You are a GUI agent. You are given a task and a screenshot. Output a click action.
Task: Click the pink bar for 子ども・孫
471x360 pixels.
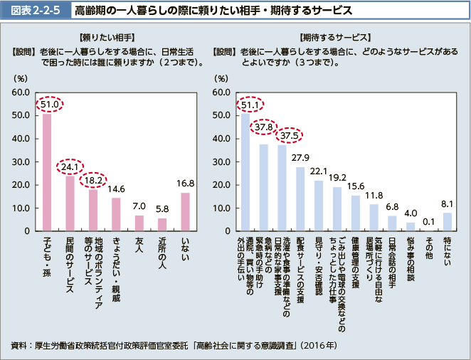click(47, 172)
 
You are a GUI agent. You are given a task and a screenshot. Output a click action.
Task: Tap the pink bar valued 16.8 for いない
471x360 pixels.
click(185, 211)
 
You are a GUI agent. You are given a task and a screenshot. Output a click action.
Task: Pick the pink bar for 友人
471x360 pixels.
click(139, 223)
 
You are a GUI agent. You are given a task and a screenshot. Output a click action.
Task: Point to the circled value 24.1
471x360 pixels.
click(70, 166)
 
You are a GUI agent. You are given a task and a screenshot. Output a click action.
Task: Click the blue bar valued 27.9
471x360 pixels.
click(300, 198)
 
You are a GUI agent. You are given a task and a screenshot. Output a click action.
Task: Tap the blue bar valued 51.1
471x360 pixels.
click(245, 171)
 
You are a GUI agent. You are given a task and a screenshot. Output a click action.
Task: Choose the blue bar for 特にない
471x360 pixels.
click(448, 221)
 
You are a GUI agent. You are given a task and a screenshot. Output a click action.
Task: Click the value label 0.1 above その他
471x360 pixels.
click(428, 221)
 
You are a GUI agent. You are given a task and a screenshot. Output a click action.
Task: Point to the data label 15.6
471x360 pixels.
click(356, 186)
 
